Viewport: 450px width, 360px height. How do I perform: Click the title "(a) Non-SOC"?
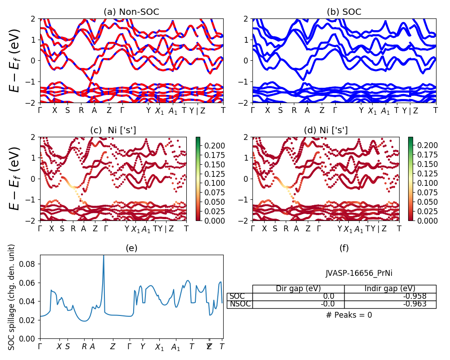click(x=131, y=12)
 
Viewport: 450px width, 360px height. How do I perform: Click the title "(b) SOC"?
click(x=344, y=12)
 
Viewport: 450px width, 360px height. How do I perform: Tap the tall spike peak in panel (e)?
click(x=103, y=256)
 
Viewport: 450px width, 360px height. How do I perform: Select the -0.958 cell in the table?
click(x=390, y=297)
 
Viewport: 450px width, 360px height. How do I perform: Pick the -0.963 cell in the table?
click(x=390, y=304)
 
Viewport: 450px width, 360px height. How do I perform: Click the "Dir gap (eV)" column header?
click(x=298, y=289)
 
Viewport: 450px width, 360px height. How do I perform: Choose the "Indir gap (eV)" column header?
click(x=390, y=289)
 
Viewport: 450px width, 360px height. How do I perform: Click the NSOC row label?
click(x=240, y=304)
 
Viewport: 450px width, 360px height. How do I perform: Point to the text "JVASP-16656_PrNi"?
click(x=355, y=273)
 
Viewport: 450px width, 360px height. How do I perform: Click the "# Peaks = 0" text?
click(x=349, y=315)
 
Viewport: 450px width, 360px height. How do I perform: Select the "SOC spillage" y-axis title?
click(x=12, y=297)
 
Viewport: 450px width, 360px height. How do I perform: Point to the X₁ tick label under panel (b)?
click(x=372, y=111)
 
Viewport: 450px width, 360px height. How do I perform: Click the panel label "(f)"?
click(x=344, y=248)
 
